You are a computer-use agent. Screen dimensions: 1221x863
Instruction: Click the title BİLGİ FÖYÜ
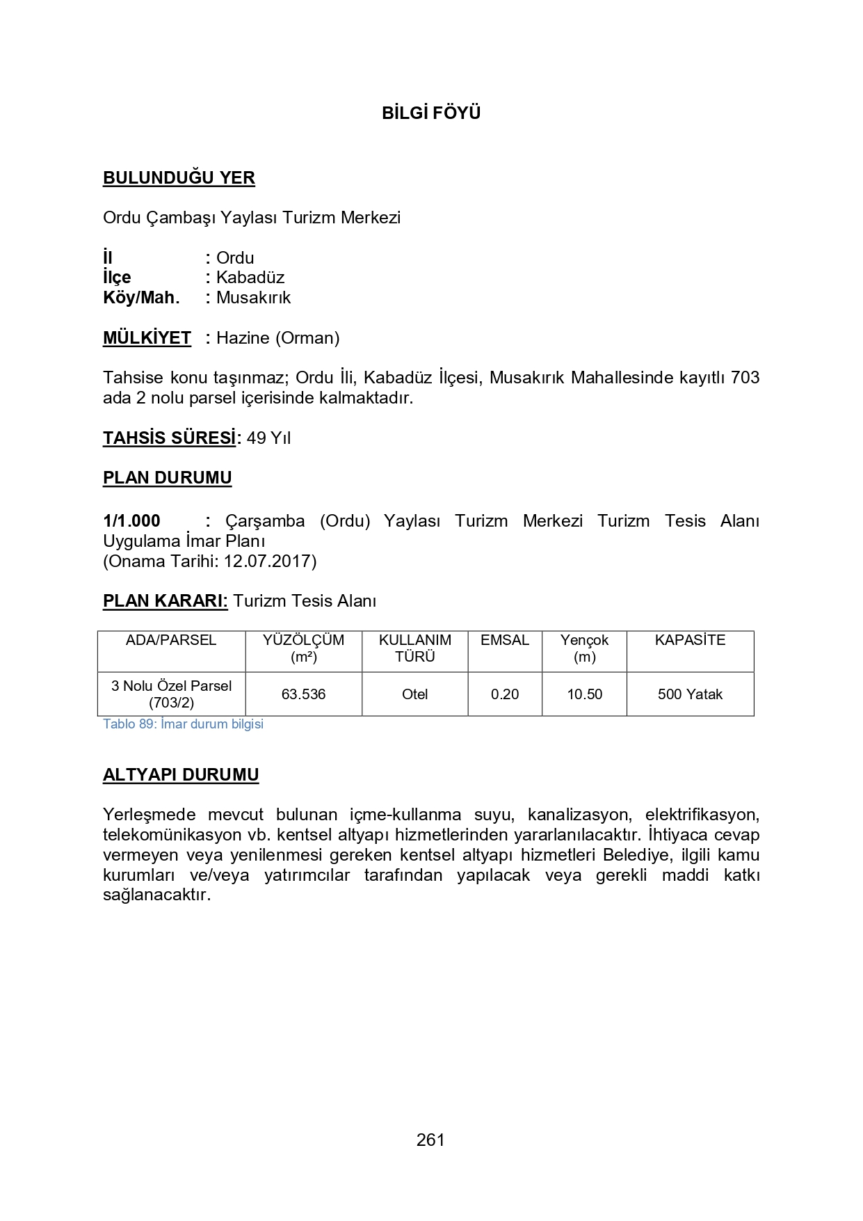tap(431, 113)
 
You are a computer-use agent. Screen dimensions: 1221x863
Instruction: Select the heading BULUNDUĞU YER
tap(179, 178)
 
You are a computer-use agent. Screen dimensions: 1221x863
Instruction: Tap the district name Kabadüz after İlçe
tap(250, 278)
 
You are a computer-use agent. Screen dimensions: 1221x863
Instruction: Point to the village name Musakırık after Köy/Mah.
tap(253, 298)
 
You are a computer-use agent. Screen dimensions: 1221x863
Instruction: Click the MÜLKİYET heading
tap(147, 338)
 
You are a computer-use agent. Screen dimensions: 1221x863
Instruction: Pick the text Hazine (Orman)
tap(277, 338)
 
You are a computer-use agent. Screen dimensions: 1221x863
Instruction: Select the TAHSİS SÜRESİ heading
tap(170, 438)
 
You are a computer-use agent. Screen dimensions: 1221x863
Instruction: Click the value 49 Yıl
tap(268, 438)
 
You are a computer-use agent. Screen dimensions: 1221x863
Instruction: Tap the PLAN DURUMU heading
tap(167, 478)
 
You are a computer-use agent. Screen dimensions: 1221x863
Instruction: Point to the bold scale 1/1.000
tap(131, 521)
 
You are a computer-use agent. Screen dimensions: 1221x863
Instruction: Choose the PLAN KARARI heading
tap(165, 601)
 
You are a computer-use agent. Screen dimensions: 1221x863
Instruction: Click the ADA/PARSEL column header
tap(171, 641)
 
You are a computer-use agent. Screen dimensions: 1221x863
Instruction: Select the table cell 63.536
tap(303, 694)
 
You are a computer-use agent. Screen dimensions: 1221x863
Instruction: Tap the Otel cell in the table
tap(414, 694)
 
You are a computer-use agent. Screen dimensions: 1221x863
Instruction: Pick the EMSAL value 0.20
tap(505, 694)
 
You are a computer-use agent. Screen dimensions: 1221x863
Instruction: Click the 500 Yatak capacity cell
tap(690, 694)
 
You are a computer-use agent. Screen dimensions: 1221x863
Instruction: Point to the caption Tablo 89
tap(183, 724)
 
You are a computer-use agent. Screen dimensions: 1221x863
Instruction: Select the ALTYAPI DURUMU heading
tap(181, 775)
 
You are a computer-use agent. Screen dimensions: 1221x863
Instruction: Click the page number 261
tap(430, 1140)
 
